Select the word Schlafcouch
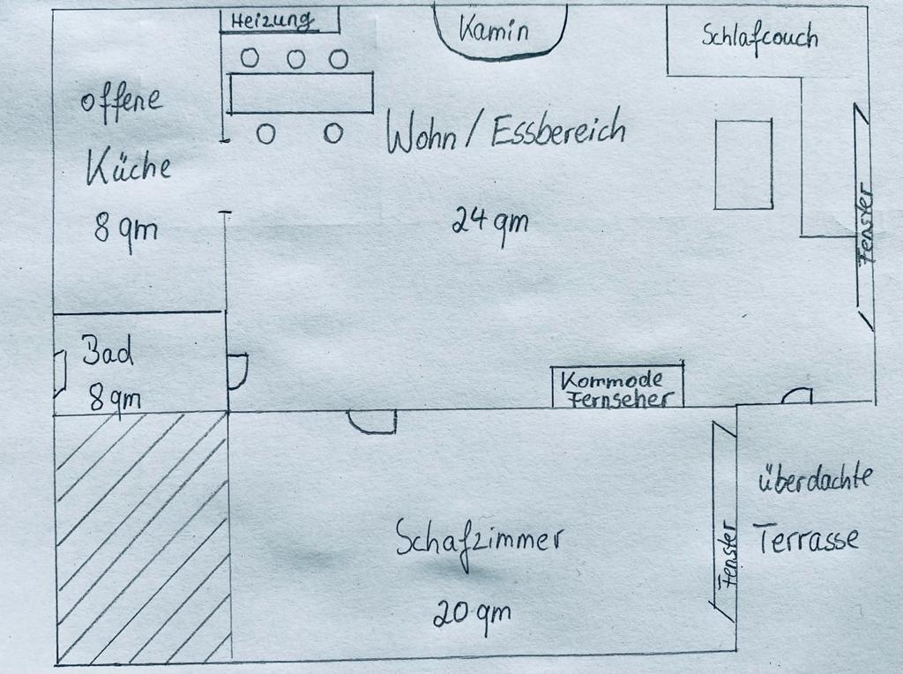(x=759, y=37)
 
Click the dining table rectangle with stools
(x=301, y=93)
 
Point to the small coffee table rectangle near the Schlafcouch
(x=743, y=164)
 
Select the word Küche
(x=128, y=167)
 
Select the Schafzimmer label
(x=478, y=539)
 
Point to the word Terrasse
(x=805, y=537)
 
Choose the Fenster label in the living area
(x=865, y=225)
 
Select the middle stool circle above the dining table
(x=296, y=59)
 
